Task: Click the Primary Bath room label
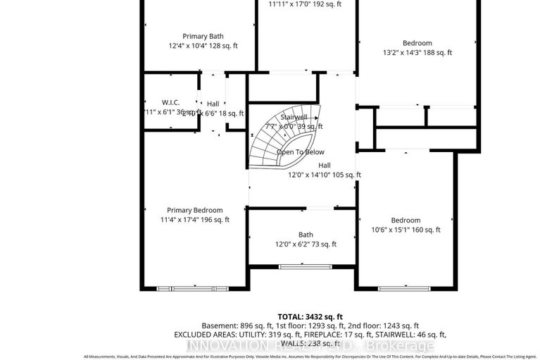pyautogui.click(x=203, y=36)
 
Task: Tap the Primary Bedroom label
pyautogui.click(x=194, y=210)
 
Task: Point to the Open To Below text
pyautogui.click(x=300, y=152)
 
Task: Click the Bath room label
pyautogui.click(x=306, y=235)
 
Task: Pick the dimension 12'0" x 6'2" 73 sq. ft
pyautogui.click(x=306, y=244)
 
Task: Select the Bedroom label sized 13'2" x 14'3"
pyautogui.click(x=417, y=43)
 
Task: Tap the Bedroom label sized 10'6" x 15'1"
pyautogui.click(x=406, y=220)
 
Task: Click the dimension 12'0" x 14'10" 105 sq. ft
pyautogui.click(x=324, y=175)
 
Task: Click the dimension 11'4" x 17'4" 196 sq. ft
pyautogui.click(x=194, y=220)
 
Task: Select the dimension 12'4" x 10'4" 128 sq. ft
pyautogui.click(x=203, y=46)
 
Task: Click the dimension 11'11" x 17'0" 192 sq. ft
pyautogui.click(x=305, y=4)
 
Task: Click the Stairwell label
pyautogui.click(x=294, y=117)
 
